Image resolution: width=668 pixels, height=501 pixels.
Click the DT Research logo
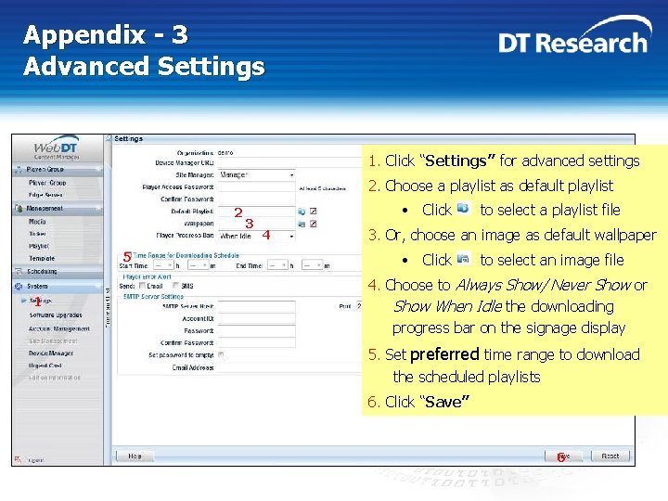pos(572,42)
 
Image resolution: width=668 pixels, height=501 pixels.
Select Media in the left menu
pos(37,222)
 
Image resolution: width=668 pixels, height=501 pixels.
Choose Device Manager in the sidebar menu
pos(51,353)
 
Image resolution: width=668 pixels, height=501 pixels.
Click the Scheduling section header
pos(41,272)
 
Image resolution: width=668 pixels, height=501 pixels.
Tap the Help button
pos(135,456)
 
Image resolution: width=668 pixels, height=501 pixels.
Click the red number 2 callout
pos(238,212)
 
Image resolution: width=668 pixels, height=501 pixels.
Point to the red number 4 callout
pos(266,235)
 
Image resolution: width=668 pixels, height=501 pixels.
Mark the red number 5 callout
pos(127,257)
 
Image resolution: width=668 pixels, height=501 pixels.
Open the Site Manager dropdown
pos(256,174)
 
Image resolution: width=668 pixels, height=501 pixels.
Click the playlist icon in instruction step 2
pos(464,209)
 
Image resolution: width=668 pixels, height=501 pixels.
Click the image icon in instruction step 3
pos(464,259)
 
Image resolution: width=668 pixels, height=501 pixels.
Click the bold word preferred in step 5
pos(444,354)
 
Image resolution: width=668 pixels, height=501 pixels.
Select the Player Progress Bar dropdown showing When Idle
pos(256,236)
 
